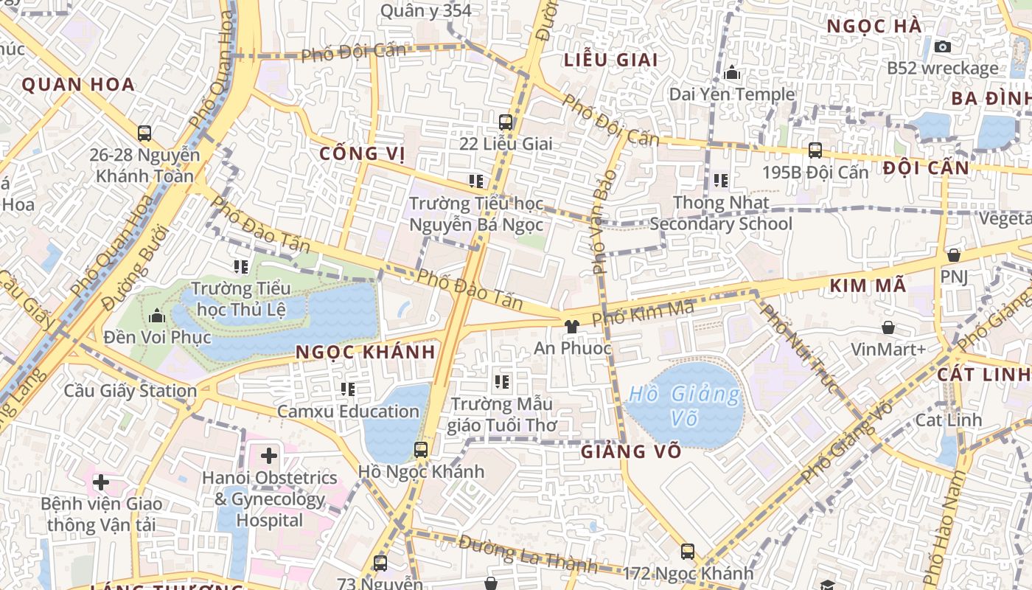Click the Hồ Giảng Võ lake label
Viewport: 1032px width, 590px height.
[683, 406]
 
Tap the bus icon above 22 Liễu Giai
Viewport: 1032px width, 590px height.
[505, 122]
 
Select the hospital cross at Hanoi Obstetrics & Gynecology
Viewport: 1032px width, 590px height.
[269, 456]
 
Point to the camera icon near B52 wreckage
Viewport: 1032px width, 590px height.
[942, 46]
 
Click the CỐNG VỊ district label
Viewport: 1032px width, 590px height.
[362, 153]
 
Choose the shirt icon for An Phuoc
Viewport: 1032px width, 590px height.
[571, 326]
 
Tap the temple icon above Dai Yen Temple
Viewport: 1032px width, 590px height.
[732, 72]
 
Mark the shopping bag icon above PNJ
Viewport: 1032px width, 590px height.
[953, 255]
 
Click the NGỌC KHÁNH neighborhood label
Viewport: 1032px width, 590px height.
[366, 353]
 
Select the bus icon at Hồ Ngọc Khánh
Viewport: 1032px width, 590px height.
[421, 449]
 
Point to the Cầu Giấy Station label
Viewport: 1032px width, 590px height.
[130, 391]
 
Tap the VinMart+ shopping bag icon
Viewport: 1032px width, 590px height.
[888, 327]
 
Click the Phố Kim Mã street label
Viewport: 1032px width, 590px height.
[643, 314]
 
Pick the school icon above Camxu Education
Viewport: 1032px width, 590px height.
[348, 389]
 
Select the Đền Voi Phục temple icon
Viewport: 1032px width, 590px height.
[156, 316]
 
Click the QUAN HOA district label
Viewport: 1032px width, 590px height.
[78, 84]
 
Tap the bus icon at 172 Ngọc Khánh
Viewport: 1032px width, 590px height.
[687, 551]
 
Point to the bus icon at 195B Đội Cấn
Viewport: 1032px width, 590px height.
[815, 150]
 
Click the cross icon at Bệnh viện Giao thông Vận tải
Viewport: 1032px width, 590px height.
[101, 482]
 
